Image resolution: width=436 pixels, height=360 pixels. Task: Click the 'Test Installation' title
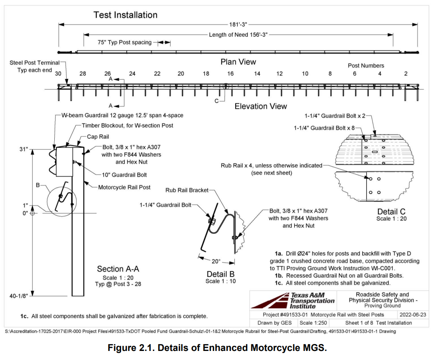tap(125, 15)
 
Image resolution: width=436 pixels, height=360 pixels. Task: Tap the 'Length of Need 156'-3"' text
tap(238, 34)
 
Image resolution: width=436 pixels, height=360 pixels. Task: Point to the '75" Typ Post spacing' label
tap(124, 42)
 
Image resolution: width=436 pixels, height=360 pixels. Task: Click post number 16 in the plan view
tap(230, 74)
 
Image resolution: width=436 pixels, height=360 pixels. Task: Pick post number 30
tap(58, 74)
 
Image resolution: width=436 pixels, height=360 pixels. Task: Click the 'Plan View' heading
tap(238, 62)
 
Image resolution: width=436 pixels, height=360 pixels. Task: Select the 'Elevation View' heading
tap(261, 106)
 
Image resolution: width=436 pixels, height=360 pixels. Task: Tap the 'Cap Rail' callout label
tap(99, 136)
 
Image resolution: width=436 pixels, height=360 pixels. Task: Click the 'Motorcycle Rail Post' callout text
tap(125, 188)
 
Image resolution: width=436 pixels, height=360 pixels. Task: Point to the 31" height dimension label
tap(23, 149)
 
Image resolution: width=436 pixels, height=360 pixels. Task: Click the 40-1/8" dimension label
tap(19, 296)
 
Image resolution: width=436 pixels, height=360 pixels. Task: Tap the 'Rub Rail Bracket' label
tap(187, 190)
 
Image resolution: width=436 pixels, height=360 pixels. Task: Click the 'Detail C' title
tap(391, 212)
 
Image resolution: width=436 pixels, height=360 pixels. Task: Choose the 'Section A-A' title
tap(118, 269)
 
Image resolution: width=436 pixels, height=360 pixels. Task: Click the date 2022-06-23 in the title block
tap(413, 315)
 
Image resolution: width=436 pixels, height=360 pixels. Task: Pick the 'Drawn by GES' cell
tap(274, 323)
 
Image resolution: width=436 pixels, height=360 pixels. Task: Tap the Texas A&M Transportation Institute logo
tap(293, 300)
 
